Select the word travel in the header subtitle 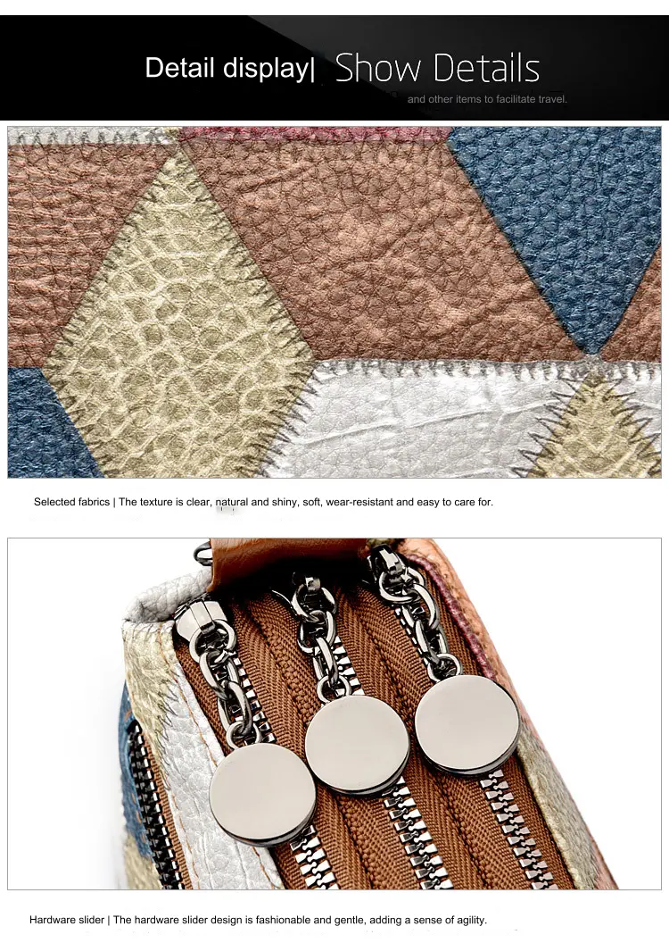(552, 99)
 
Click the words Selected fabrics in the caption (72, 502)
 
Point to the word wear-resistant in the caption (359, 502)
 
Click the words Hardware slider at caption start (67, 920)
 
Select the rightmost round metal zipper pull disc (467, 724)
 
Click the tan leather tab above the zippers (287, 559)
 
